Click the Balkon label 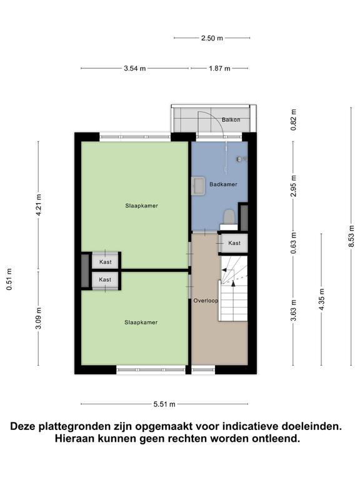coord(231,120)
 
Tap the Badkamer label coord(223,184)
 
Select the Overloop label coord(206,301)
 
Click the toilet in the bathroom coord(229,216)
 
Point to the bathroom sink coord(198,186)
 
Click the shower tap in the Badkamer coord(241,159)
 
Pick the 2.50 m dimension coord(212,38)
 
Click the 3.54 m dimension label coord(135,69)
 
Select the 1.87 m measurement coord(219,69)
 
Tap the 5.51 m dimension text coord(164,404)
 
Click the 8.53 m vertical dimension coord(351,236)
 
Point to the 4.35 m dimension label coord(321,299)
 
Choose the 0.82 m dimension coord(294,120)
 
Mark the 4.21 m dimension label coord(39,205)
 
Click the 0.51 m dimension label coord(9,279)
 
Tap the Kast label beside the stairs coord(234,243)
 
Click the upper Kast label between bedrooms coord(106,262)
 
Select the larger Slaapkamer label coord(141,206)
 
